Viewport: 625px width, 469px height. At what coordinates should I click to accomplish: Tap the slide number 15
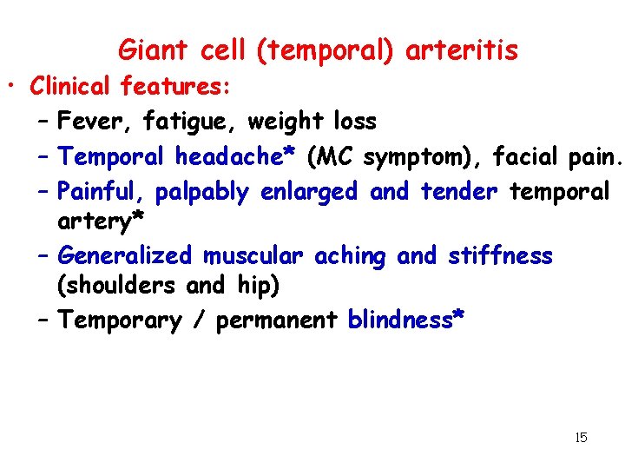(x=581, y=438)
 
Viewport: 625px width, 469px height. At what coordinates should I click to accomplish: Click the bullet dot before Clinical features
(x=16, y=88)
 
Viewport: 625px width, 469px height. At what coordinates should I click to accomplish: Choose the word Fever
(x=87, y=121)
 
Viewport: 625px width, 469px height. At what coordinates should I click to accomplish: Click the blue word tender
(x=460, y=190)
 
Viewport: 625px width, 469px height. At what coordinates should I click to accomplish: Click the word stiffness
(x=500, y=255)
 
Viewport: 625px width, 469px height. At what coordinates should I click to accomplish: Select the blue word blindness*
(x=406, y=320)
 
